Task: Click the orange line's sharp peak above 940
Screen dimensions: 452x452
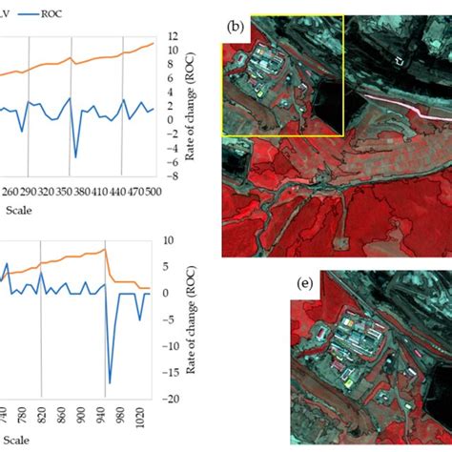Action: coord(104,249)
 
